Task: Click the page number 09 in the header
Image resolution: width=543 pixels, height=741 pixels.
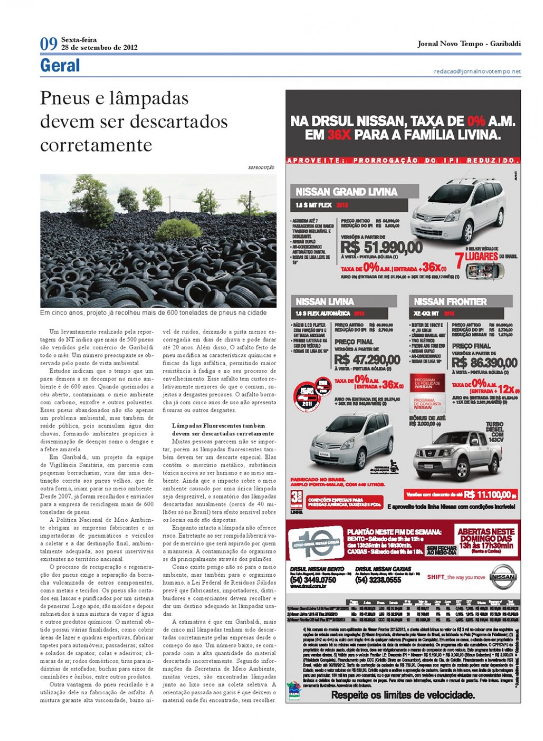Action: click(49, 44)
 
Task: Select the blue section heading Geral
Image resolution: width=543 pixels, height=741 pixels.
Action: click(60, 66)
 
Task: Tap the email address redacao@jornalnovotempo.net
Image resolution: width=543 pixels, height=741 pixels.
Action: click(477, 72)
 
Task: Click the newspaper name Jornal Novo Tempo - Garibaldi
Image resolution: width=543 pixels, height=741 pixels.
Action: click(469, 44)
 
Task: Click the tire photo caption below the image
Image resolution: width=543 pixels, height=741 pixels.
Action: click(153, 313)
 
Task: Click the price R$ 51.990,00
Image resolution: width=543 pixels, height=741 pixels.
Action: click(381, 248)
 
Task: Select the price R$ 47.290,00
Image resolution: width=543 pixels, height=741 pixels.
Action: click(367, 359)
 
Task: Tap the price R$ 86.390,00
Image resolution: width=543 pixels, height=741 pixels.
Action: click(484, 363)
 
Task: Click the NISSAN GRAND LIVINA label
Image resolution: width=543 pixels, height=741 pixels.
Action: click(346, 192)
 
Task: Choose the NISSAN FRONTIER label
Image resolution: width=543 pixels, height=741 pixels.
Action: click(450, 301)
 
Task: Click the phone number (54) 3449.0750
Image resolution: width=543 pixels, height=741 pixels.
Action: click(313, 580)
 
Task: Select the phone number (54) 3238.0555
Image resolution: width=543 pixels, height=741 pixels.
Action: click(378, 580)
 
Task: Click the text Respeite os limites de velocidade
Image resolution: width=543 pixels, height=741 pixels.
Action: click(402, 695)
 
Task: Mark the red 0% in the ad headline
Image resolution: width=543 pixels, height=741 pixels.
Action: click(476, 121)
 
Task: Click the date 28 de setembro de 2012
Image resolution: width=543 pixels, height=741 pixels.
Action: click(99, 48)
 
